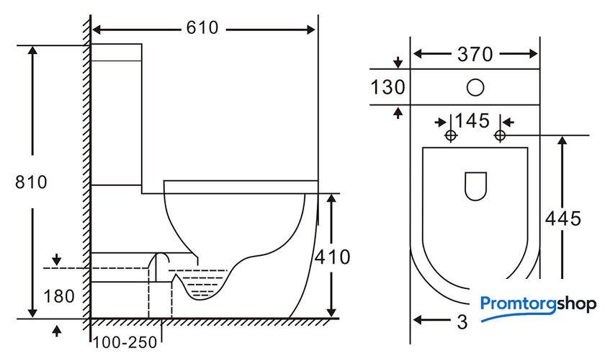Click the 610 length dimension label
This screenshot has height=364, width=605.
tap(202, 28)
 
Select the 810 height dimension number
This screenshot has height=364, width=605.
tap(31, 182)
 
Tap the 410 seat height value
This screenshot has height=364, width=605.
tap(332, 257)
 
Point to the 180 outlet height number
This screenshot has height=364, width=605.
tap(59, 296)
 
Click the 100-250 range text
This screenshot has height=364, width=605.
tap(125, 342)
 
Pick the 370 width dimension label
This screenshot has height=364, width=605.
tap(475, 54)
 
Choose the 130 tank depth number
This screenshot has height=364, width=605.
tap(387, 87)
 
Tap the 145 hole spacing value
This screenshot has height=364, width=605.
tap(472, 121)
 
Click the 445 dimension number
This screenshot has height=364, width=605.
tap(563, 219)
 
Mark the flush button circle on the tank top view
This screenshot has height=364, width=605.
tap(475, 87)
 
